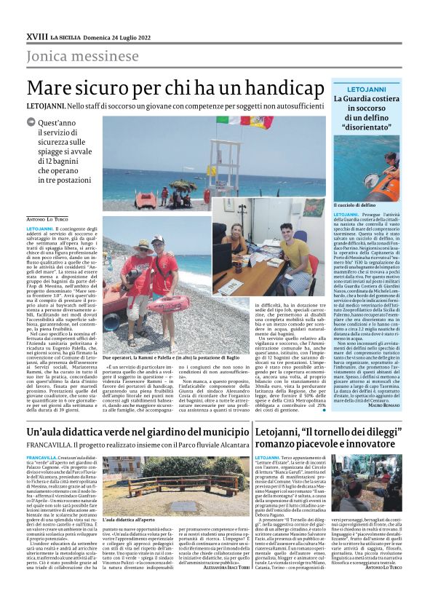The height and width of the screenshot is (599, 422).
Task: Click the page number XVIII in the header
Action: pos(36,36)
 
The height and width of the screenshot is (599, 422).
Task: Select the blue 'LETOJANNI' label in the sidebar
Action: pos(361,88)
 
